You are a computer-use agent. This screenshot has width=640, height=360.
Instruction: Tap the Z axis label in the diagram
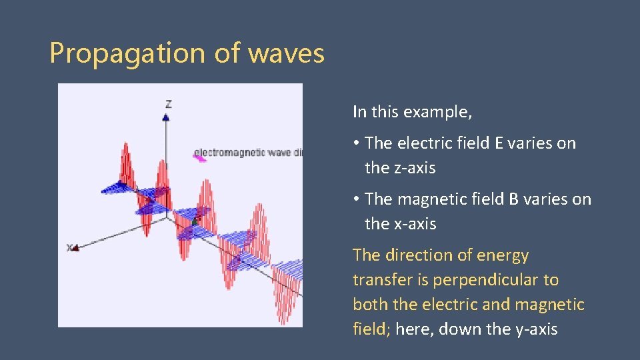169,104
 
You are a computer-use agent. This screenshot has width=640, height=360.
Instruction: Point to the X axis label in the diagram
69,247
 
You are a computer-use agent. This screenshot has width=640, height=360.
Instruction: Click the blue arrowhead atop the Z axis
166,117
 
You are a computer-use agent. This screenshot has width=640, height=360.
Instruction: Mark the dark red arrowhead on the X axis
75,248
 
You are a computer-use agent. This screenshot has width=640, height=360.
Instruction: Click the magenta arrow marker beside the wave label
199,158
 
